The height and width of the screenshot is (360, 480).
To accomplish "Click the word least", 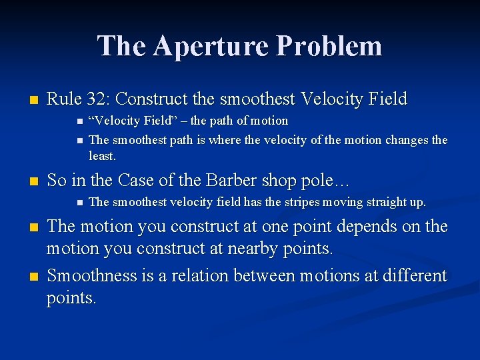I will pyautogui.click(x=102, y=156).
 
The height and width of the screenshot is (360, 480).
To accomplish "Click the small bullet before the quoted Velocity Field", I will pyautogui.click(x=79, y=122).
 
